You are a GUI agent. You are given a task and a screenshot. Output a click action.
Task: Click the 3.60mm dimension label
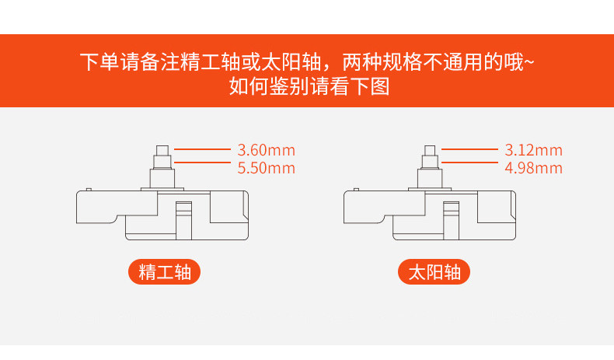point(267,150)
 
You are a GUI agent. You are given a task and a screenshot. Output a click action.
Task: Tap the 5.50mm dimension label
point(267,168)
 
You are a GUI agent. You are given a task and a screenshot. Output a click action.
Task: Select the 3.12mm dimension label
point(533,150)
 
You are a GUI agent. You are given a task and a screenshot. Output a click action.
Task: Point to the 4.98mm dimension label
point(533,168)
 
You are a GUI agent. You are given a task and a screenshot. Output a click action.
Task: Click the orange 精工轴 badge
point(165,272)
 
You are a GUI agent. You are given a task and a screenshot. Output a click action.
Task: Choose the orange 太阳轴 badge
point(434,272)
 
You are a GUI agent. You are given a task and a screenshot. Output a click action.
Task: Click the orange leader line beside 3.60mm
point(202,149)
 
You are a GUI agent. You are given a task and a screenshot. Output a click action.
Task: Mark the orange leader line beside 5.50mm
point(202,163)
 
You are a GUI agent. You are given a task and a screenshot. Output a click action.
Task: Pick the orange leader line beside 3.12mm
point(469,149)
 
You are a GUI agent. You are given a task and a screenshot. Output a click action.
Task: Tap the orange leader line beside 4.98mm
point(469,163)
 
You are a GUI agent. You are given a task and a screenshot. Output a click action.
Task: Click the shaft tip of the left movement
point(162,150)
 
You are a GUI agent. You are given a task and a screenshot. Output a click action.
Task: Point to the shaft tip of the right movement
point(430,150)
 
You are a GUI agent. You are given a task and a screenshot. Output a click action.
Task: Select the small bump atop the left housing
point(89,190)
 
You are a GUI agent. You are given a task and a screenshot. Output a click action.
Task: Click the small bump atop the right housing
point(356,190)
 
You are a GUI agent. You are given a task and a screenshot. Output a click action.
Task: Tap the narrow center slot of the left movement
point(183,221)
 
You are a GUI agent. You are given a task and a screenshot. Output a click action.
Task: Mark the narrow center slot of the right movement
point(451,221)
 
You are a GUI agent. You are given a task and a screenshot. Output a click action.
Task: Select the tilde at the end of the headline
point(529,61)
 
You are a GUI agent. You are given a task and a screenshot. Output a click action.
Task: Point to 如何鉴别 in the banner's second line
point(269,86)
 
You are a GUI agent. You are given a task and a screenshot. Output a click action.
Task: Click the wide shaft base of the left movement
point(162,179)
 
